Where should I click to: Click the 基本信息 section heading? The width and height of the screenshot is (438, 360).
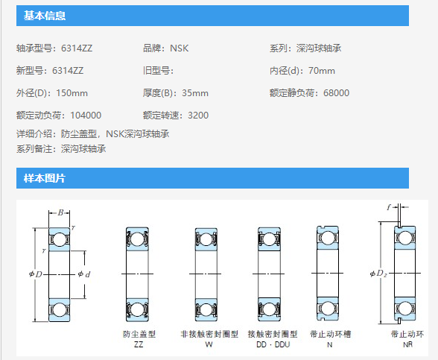point(45,16)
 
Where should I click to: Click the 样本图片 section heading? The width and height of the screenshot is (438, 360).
point(45,178)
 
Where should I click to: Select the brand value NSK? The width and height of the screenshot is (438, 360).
point(180,48)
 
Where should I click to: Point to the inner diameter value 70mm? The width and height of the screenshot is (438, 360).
point(322,71)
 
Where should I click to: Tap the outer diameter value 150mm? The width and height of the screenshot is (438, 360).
point(72,93)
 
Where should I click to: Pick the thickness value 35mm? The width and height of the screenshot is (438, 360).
point(195,93)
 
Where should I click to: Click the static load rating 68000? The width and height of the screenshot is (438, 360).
point(337,93)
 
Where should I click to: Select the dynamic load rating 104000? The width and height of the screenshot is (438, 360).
point(86,116)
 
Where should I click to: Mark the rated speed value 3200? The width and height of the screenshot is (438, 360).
point(198,116)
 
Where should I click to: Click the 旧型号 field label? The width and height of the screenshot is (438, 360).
point(156,71)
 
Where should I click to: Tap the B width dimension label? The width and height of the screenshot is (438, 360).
point(60,212)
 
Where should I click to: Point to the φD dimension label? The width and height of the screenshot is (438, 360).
point(36,274)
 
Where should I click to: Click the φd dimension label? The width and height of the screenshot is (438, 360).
point(84,274)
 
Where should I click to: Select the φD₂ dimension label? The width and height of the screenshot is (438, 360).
point(378,274)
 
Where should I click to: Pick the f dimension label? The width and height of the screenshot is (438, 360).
point(389,207)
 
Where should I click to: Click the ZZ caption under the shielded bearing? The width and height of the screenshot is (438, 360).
point(139,344)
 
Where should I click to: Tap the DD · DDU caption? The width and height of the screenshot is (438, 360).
point(273,344)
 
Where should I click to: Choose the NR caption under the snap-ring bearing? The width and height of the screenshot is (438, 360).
point(408,344)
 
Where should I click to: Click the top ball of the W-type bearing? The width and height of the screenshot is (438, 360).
point(206,239)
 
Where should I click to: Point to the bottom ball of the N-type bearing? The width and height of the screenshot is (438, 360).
point(328,309)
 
